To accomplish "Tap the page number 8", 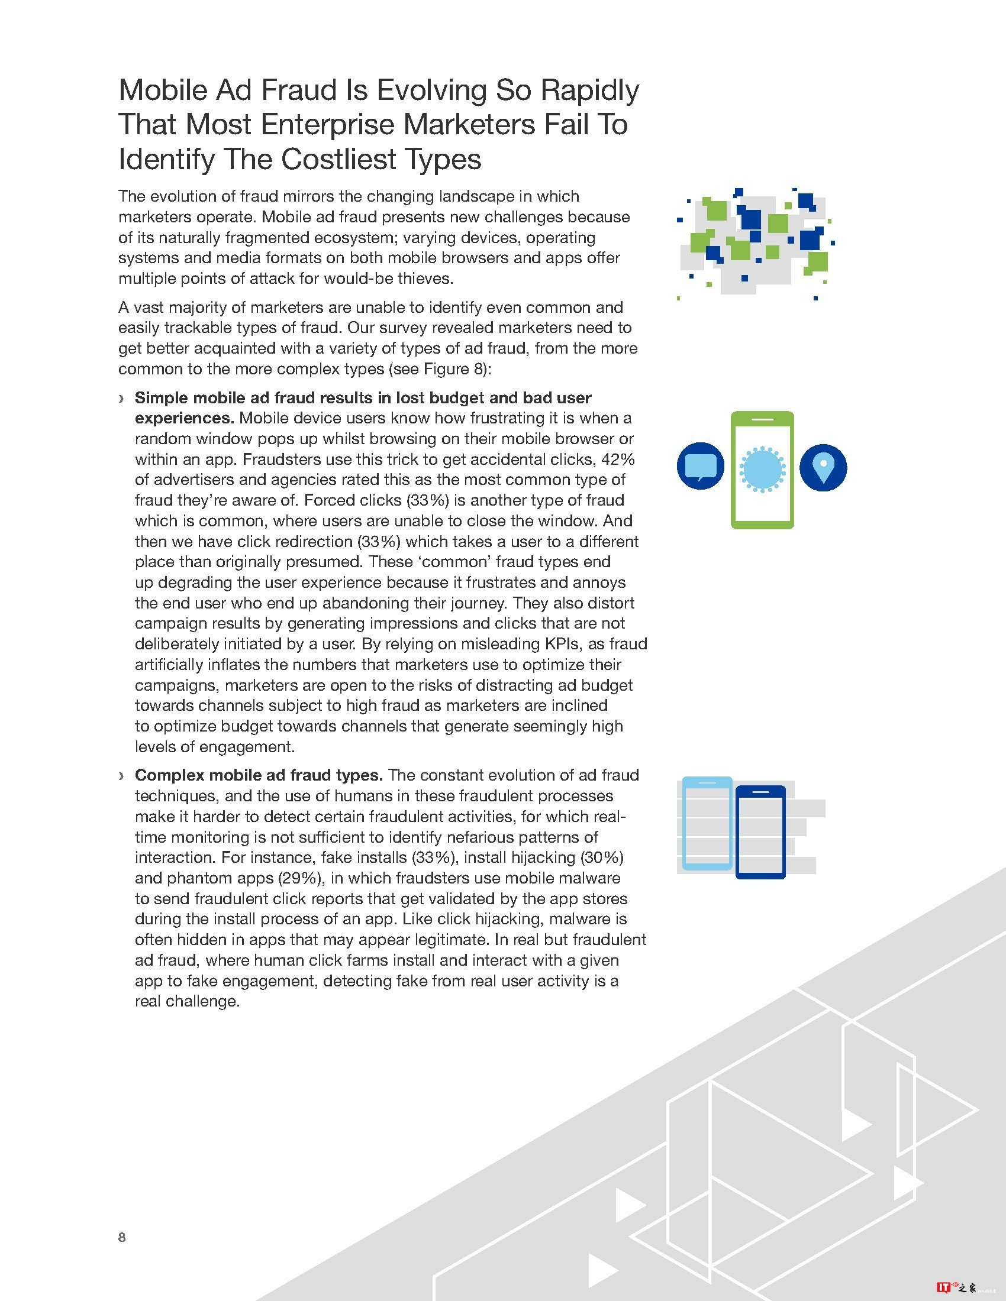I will tap(122, 1237).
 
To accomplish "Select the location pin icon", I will tap(823, 468).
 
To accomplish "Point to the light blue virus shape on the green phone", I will tap(762, 469).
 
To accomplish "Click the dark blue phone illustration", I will tap(760, 832).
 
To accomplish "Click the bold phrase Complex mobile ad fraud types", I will tap(259, 775).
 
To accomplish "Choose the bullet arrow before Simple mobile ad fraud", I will tap(121, 398).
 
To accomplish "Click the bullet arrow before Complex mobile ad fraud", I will tap(121, 776).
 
